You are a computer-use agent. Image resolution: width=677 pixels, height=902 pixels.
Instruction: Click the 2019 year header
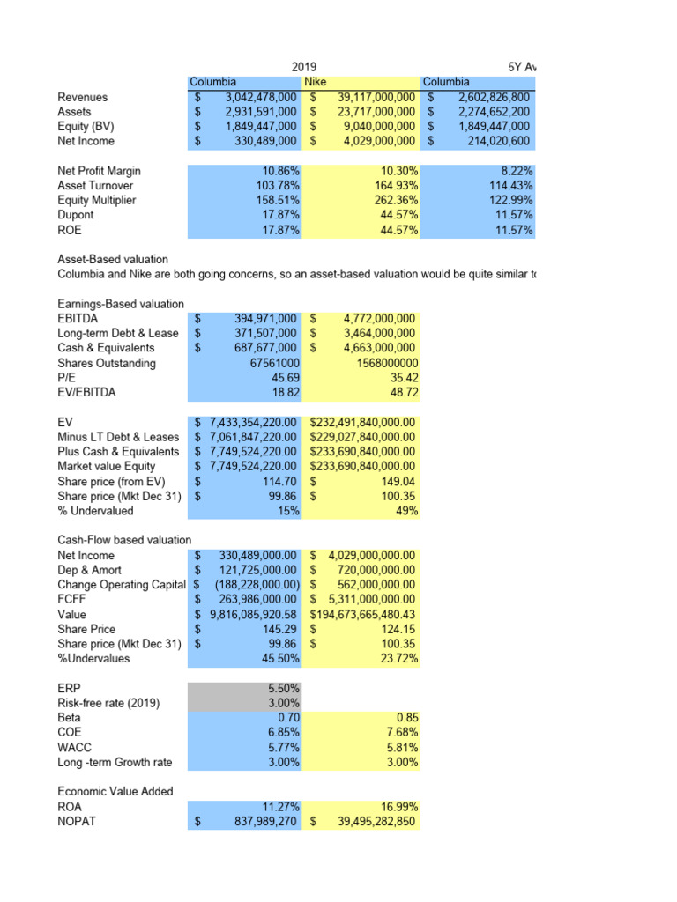point(304,67)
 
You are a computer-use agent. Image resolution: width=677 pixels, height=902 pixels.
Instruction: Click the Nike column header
point(316,82)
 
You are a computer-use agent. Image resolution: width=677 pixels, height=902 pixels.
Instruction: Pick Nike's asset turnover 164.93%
point(392,186)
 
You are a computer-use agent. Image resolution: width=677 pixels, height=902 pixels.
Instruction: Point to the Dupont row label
point(77,215)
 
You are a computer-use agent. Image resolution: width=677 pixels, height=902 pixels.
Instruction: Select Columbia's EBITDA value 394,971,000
point(258,318)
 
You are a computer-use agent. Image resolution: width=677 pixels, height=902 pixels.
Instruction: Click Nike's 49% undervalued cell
point(405,511)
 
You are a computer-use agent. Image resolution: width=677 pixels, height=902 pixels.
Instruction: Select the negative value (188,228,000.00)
point(256,584)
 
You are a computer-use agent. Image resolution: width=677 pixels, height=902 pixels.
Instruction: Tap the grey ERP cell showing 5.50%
point(282,688)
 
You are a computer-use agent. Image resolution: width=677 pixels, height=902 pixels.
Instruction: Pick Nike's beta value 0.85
point(405,718)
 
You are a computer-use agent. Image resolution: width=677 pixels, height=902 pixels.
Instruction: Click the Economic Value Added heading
point(115,791)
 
